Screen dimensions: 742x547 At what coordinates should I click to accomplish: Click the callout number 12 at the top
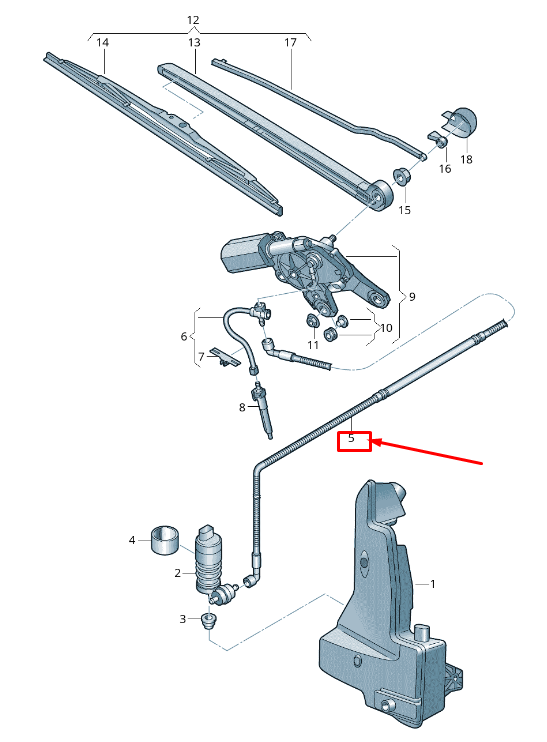193,20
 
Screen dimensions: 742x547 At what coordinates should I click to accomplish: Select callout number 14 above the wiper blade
102,43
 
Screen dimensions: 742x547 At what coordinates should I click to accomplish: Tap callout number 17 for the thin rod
291,43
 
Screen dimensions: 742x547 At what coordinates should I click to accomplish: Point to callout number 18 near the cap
466,159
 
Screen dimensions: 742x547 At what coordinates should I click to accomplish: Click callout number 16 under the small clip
445,169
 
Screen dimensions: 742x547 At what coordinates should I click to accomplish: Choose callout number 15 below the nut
405,210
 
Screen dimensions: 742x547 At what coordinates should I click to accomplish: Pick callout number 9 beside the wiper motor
411,296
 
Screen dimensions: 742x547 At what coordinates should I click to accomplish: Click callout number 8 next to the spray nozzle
242,407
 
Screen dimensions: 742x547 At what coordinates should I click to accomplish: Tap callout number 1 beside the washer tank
433,583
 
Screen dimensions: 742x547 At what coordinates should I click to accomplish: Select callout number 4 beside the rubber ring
131,541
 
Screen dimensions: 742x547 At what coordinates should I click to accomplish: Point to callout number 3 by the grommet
183,619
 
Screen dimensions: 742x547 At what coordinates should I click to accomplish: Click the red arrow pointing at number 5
430,452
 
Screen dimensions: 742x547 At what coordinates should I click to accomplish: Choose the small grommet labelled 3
208,621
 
